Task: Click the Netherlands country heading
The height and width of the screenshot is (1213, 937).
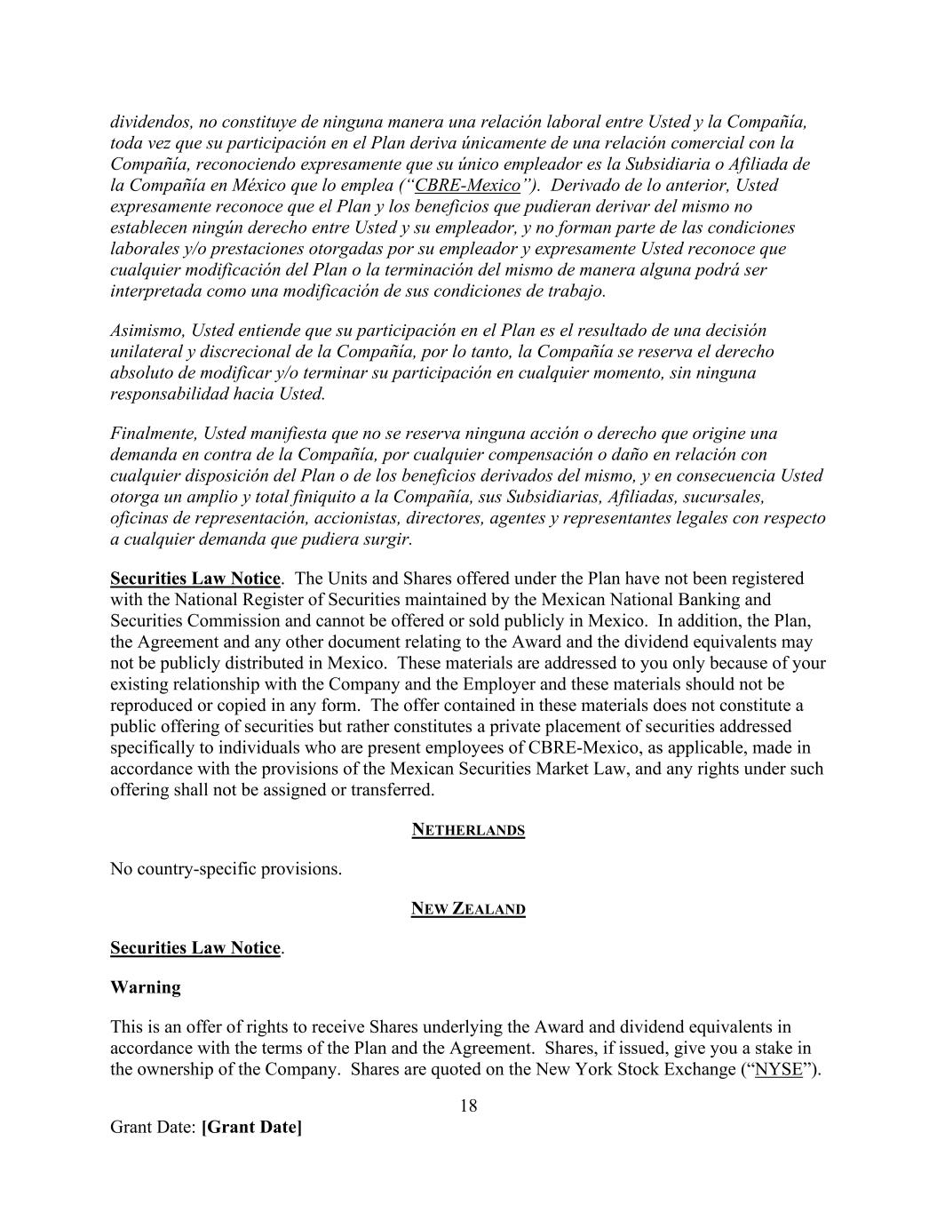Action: pos(468,830)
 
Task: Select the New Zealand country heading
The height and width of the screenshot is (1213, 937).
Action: pos(468,909)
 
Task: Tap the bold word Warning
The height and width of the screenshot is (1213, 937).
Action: pos(145,987)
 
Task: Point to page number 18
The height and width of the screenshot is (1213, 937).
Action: pos(468,1106)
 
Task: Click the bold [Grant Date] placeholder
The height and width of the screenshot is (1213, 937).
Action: pos(251,1128)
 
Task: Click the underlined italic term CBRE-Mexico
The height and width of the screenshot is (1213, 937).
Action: pos(467,186)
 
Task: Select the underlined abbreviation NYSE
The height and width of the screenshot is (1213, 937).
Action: pos(778,1069)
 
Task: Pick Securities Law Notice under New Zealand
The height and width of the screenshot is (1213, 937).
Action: pos(195,948)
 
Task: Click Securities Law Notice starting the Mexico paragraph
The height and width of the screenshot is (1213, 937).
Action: pos(195,579)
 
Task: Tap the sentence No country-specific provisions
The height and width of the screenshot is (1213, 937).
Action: pos(226,869)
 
